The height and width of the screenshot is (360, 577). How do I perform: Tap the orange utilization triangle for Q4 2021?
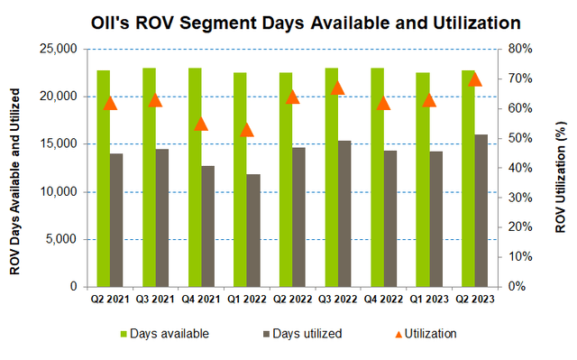tap(201, 124)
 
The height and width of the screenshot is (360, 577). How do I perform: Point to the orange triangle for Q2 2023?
tap(475, 78)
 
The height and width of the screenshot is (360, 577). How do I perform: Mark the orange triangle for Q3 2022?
tap(338, 88)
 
